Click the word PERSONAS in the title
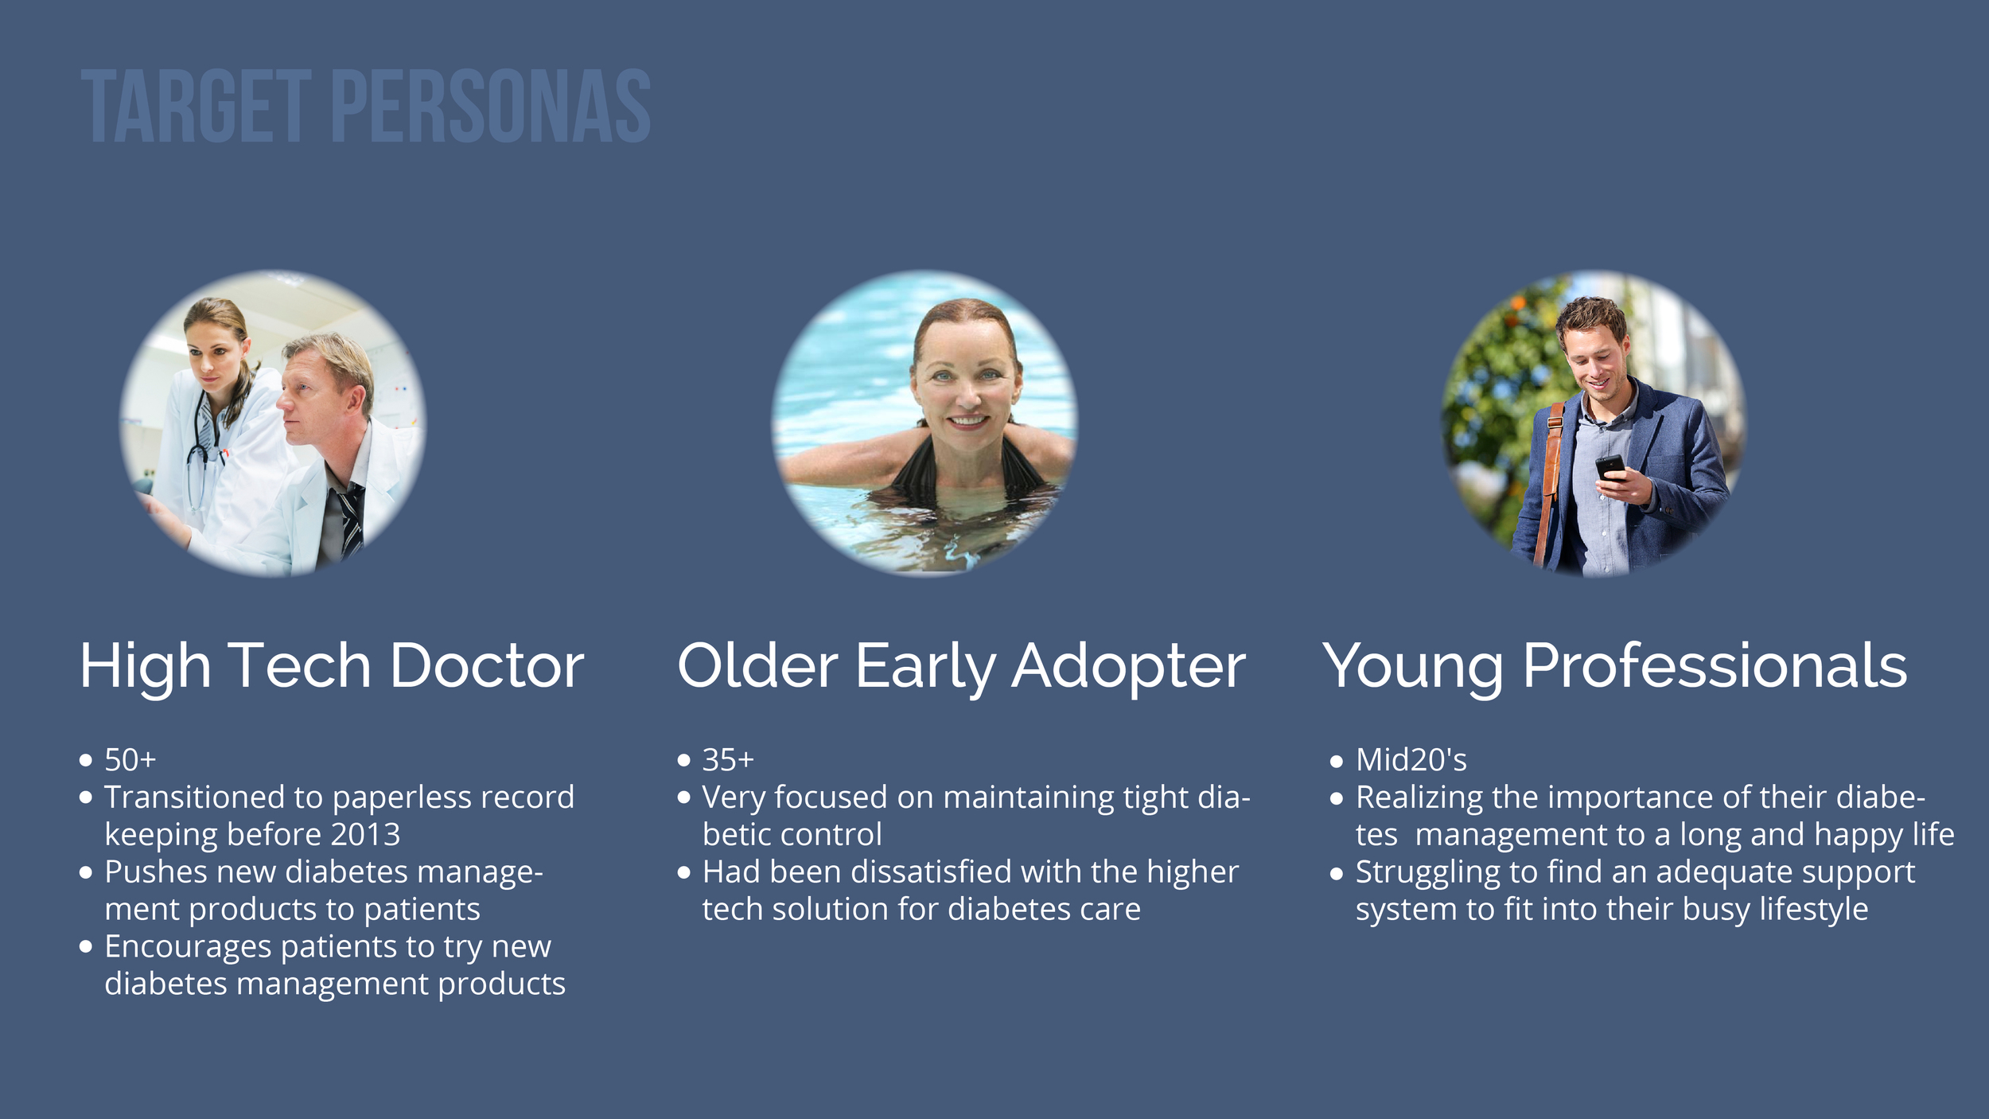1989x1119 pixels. tap(491, 106)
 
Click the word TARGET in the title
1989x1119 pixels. tap(196, 106)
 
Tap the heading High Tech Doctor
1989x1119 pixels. tap(332, 667)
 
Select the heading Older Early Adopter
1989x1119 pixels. tap(961, 667)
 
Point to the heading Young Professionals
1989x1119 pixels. tap(1615, 667)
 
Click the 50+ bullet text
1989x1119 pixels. tap(130, 760)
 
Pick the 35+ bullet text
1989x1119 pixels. tap(728, 760)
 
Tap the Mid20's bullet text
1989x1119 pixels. tap(1411, 760)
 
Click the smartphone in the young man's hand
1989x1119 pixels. tap(1610, 468)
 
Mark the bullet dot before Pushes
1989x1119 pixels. tap(86, 872)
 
